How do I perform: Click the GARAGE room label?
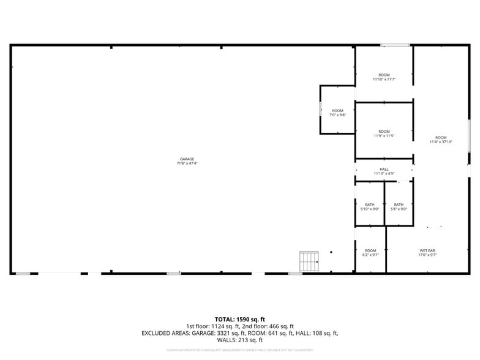[187, 159]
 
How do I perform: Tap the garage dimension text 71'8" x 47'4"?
[187, 163]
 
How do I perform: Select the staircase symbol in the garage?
[309, 261]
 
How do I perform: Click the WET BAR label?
[427, 250]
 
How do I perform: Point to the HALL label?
[384, 170]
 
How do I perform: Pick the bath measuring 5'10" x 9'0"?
[370, 206]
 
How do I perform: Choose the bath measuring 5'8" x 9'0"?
[399, 206]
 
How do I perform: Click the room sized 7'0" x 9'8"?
[338, 113]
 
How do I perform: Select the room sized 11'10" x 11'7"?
[384, 77]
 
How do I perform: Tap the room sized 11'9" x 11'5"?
[384, 133]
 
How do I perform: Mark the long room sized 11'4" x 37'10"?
[441, 140]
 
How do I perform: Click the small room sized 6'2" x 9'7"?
[370, 252]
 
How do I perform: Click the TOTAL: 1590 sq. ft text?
[239, 320]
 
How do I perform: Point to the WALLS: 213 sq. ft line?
[239, 340]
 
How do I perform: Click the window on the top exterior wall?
[396, 45]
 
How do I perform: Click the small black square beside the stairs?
[331, 252]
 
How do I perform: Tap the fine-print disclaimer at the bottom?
[239, 350]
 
